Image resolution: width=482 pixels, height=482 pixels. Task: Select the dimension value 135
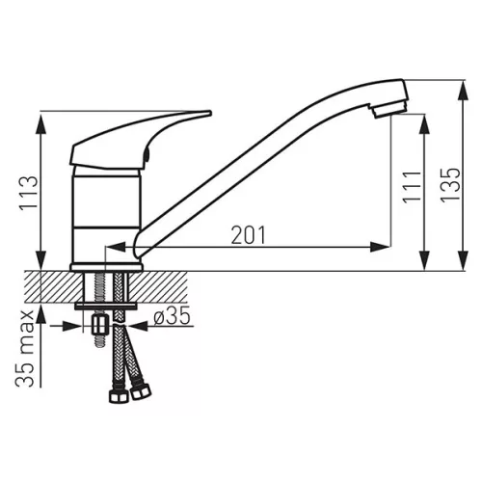coord(450,185)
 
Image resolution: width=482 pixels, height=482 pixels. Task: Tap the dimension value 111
coord(412,187)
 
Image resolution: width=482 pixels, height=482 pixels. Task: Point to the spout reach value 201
coord(249,235)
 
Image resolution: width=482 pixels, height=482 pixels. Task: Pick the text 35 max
coord(25,349)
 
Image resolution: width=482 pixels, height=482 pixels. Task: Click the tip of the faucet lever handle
coord(210,113)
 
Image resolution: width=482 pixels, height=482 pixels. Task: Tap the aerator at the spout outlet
coord(389,109)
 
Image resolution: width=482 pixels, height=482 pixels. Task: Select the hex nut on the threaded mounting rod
coord(100,325)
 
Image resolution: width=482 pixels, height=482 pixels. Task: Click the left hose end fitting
coord(119,396)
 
